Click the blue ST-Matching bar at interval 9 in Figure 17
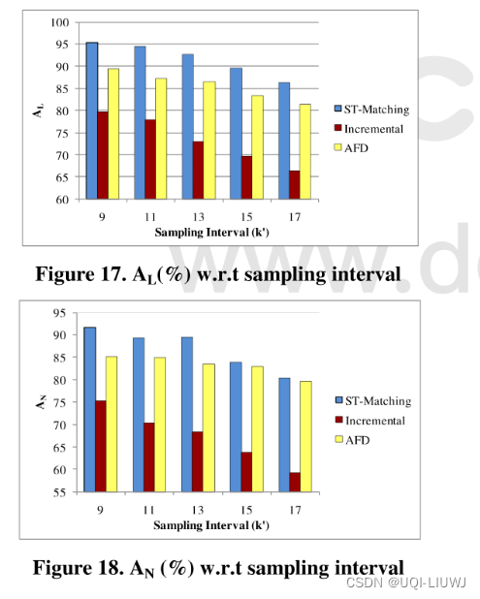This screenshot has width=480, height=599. click(91, 120)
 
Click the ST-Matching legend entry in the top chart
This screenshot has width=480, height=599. click(373, 109)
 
